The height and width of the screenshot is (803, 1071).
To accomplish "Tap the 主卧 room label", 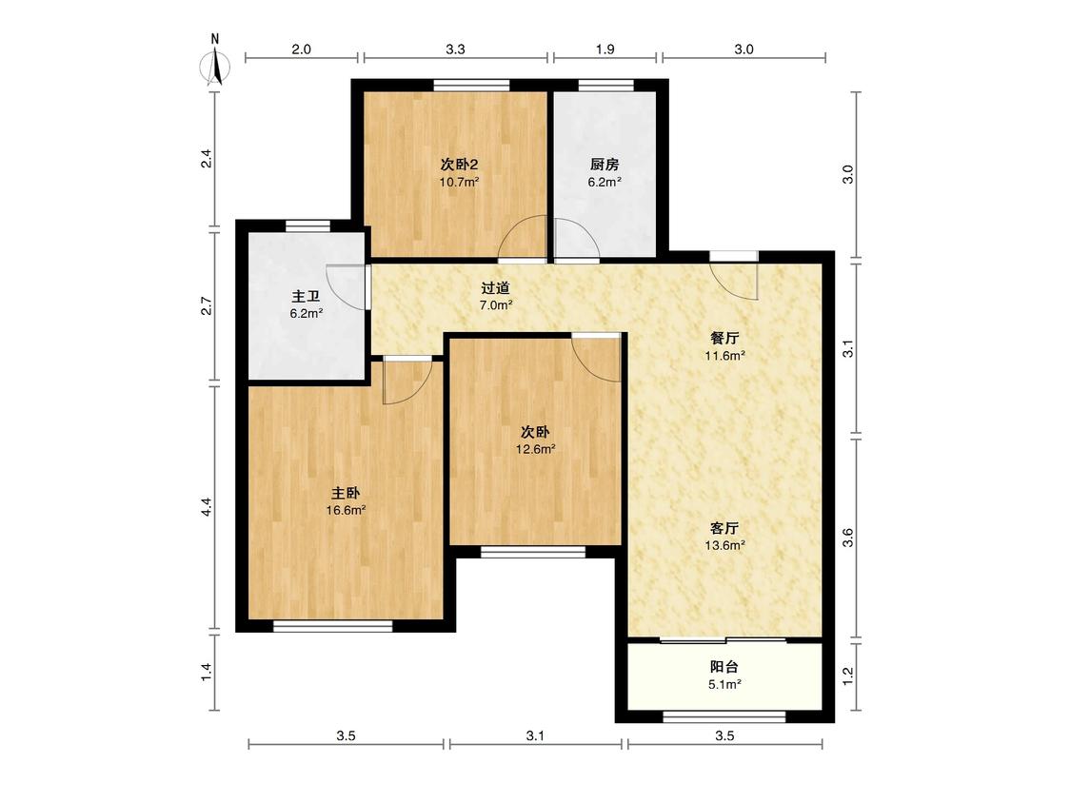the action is click(346, 493).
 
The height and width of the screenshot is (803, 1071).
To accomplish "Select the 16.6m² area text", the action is click(346, 510).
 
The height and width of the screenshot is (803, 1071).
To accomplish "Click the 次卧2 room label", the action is click(458, 165).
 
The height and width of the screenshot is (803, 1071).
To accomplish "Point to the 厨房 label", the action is click(605, 165).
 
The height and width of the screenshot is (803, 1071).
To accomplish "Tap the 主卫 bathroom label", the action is click(306, 296).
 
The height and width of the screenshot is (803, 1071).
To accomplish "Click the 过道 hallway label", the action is click(495, 288).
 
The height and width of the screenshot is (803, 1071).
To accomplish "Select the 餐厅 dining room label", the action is click(724, 338).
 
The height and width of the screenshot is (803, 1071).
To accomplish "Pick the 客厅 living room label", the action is click(724, 528).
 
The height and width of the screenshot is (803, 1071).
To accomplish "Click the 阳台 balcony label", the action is click(724, 667).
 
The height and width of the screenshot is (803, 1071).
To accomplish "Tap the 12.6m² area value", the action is click(535, 449).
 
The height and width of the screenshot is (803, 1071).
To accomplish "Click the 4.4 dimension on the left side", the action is click(207, 506).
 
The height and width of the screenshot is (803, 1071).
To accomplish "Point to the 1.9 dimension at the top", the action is click(605, 49).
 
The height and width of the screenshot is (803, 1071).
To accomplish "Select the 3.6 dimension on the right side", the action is click(847, 539).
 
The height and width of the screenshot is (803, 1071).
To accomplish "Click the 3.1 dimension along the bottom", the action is click(535, 735).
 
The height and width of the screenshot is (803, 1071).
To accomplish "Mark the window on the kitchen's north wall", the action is click(605, 85).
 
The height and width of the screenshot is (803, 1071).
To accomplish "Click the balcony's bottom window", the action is click(724, 716).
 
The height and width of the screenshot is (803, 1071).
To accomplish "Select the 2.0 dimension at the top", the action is click(301, 49).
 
